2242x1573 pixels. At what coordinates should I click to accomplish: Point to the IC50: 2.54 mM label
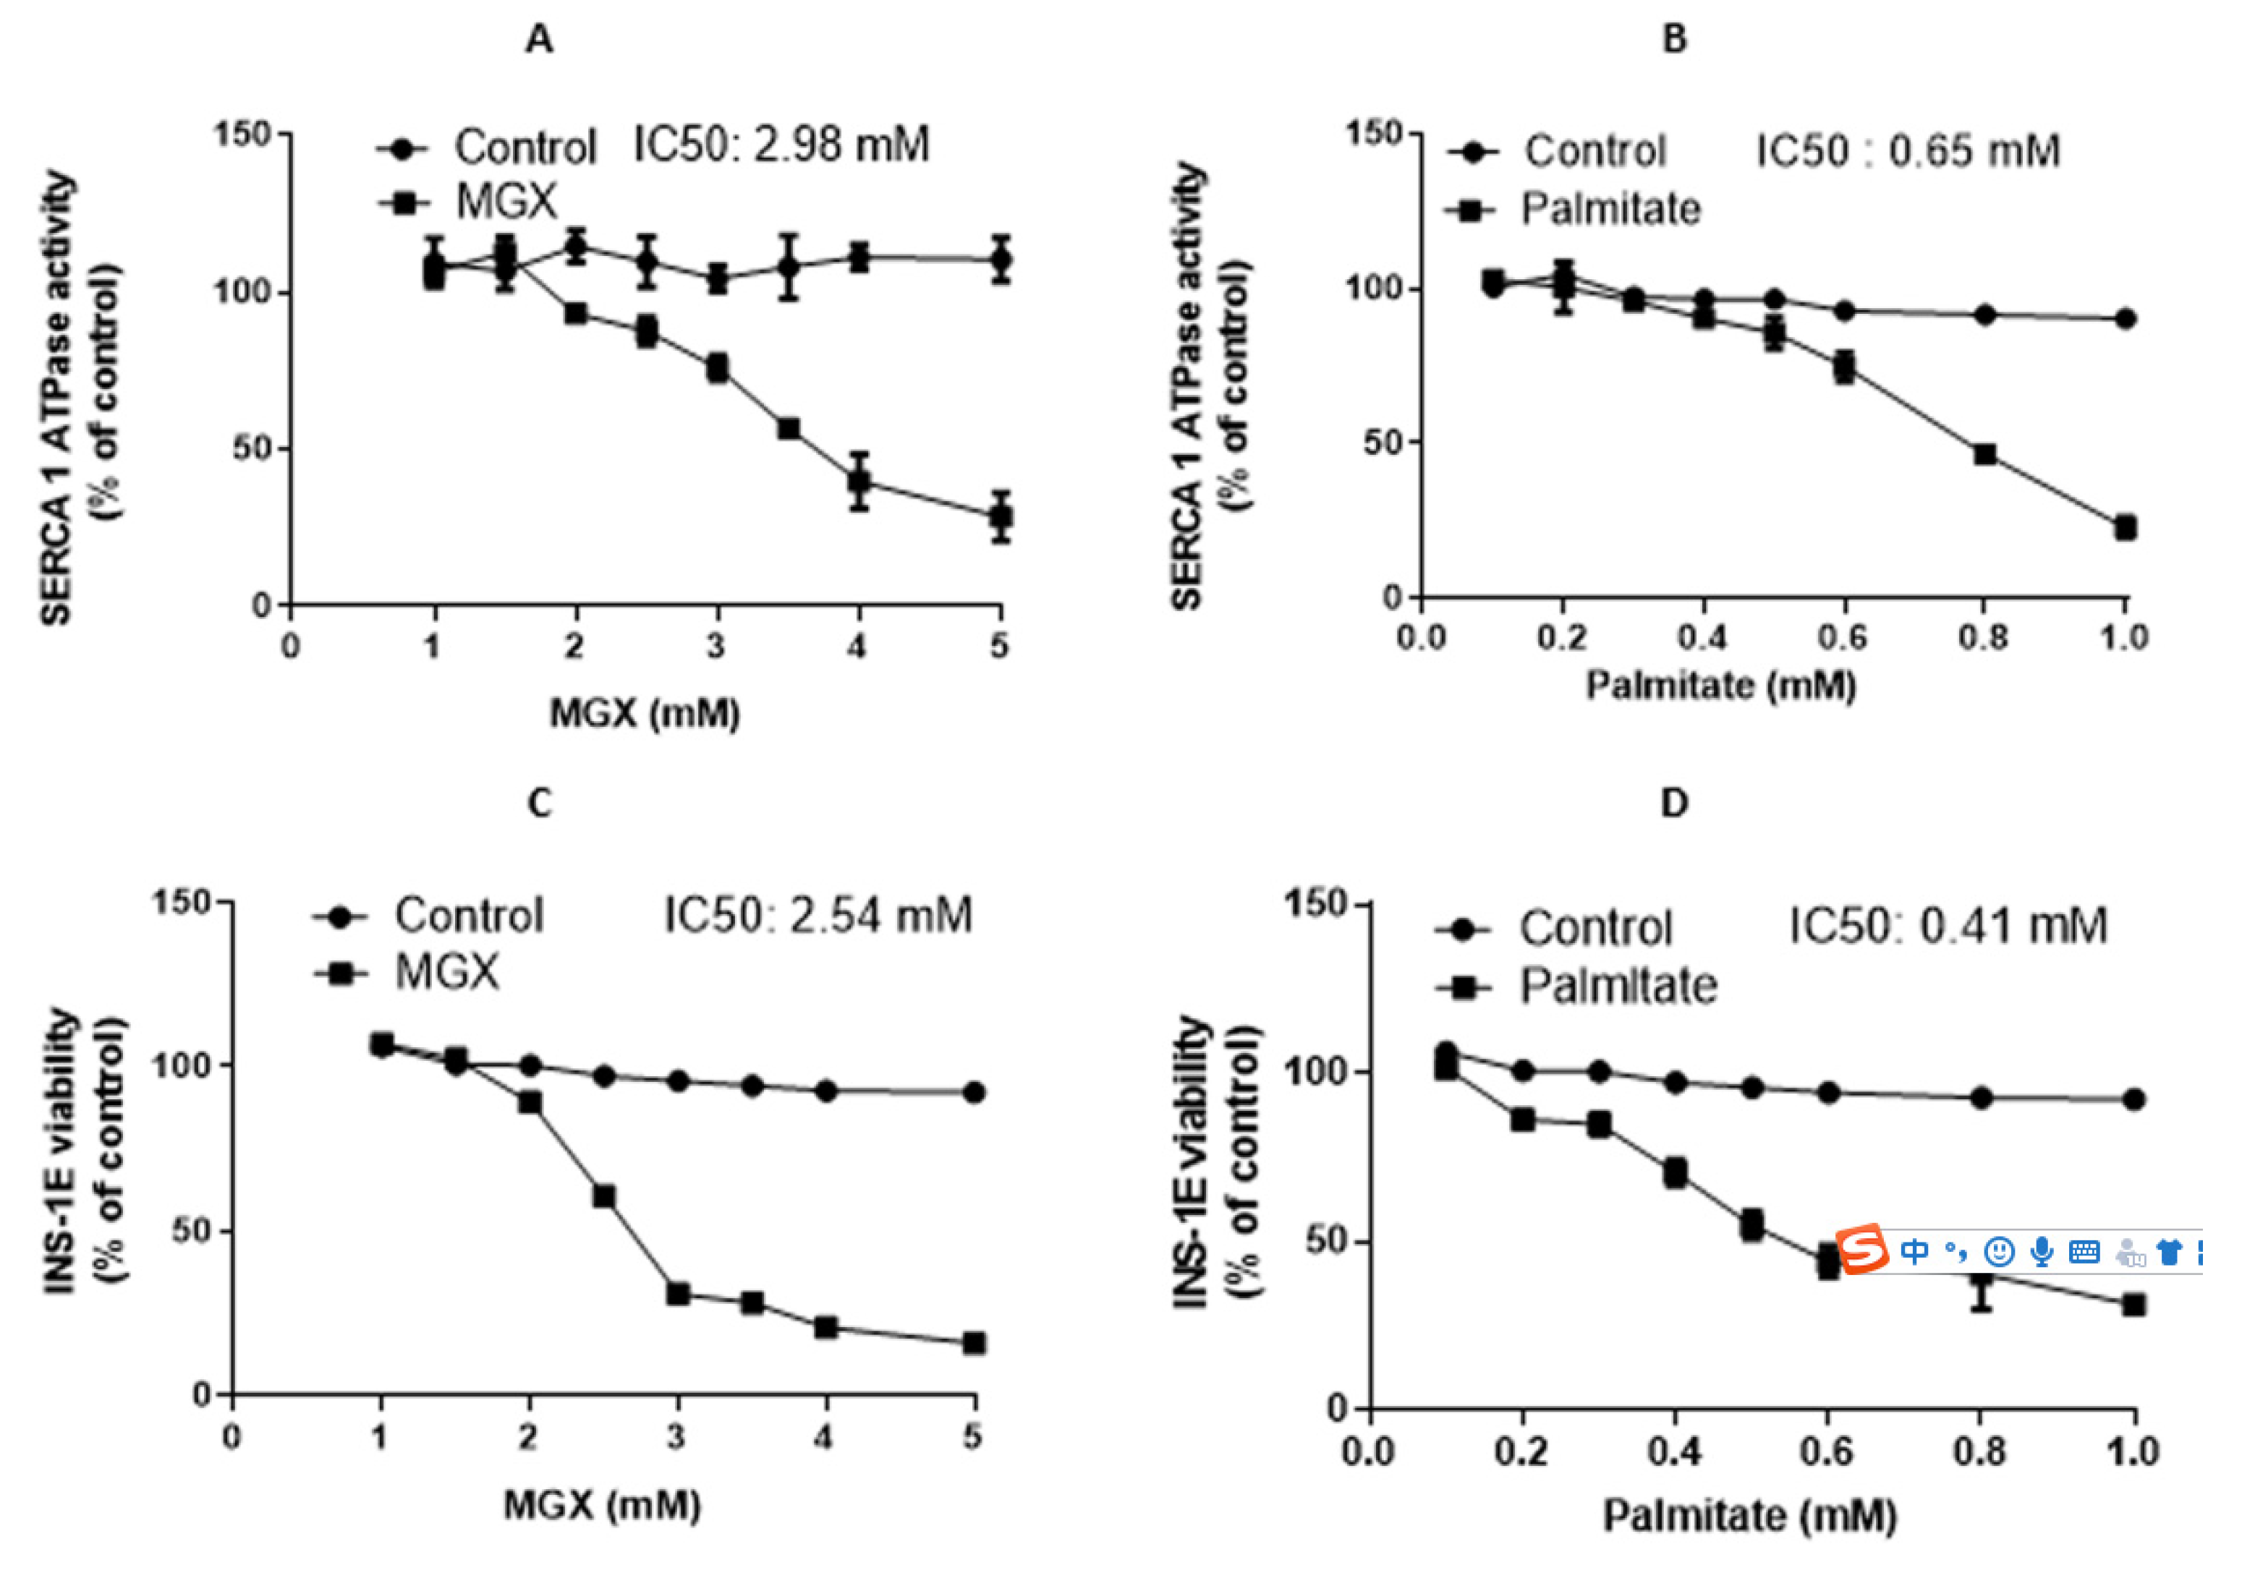(818, 916)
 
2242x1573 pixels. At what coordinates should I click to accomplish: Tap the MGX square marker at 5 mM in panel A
(1000, 516)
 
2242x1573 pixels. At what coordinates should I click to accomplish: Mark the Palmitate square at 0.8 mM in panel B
(1984, 454)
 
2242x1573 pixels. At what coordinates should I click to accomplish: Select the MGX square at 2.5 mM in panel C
(603, 1196)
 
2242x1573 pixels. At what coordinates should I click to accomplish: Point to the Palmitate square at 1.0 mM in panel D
(2133, 1305)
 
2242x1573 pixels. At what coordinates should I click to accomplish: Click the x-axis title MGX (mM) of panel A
(645, 713)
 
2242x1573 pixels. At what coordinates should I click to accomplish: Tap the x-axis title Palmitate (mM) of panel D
(1750, 1517)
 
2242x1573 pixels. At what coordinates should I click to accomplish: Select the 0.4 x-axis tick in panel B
(1702, 638)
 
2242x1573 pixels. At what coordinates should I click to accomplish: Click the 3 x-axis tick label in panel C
(676, 1436)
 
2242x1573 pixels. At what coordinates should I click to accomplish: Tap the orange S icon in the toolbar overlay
(1863, 1249)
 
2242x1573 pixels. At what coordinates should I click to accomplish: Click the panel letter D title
(1673, 803)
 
